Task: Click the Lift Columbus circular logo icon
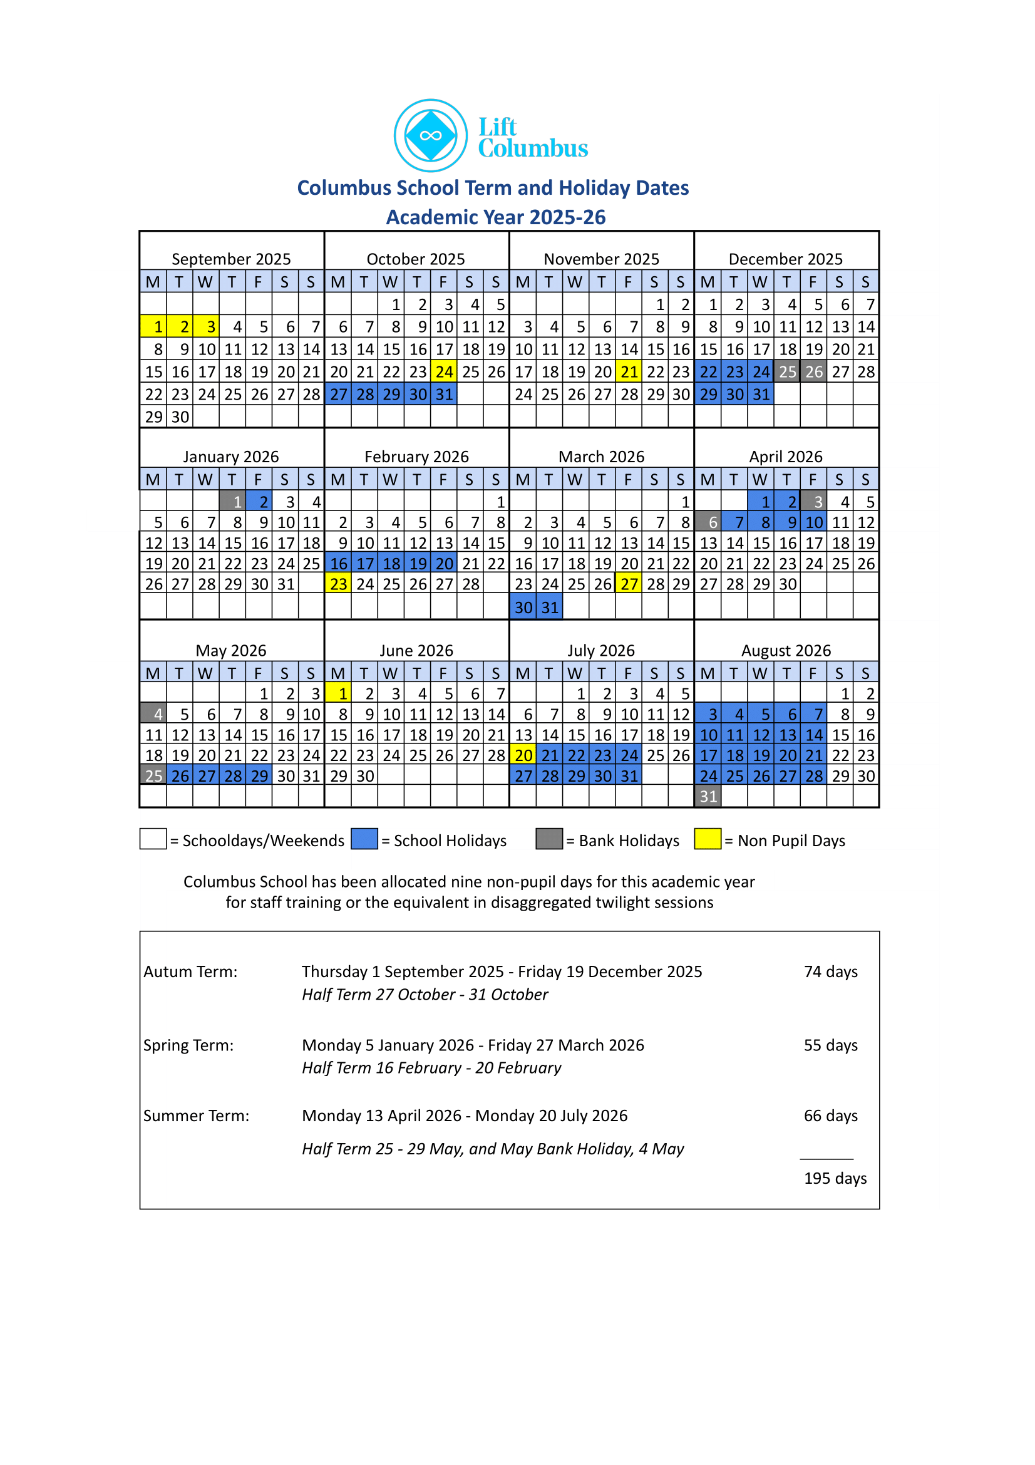(430, 135)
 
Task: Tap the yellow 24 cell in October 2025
(443, 371)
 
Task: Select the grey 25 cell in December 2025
(787, 371)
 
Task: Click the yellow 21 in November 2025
(629, 371)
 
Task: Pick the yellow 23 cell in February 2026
(338, 584)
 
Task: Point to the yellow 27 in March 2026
(629, 584)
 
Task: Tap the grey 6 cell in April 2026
(708, 522)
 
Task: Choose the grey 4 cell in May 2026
(153, 714)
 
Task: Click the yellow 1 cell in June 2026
(338, 693)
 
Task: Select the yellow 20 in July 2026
(523, 755)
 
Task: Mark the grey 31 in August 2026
(708, 796)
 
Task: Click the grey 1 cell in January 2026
(232, 502)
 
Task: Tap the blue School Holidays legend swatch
(364, 839)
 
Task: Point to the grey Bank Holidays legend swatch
(549, 839)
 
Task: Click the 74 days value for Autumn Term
(830, 972)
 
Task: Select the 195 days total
(835, 1179)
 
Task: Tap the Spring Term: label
(188, 1045)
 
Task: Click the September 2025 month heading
(231, 259)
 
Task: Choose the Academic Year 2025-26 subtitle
(495, 217)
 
